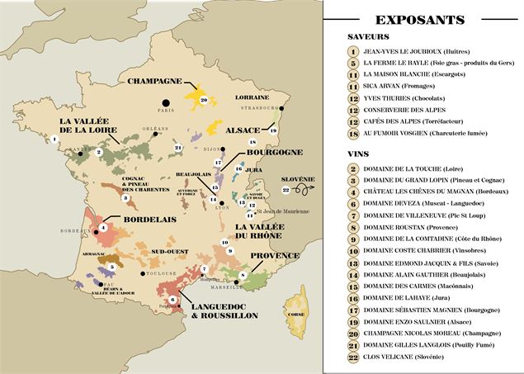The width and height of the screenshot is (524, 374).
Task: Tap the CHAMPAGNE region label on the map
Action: (x=154, y=81)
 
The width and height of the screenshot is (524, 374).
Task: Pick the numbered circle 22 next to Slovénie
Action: (x=286, y=189)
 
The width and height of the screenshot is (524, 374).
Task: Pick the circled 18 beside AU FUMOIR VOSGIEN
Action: (x=352, y=133)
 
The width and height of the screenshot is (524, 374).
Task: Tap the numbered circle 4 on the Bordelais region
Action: (x=103, y=226)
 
